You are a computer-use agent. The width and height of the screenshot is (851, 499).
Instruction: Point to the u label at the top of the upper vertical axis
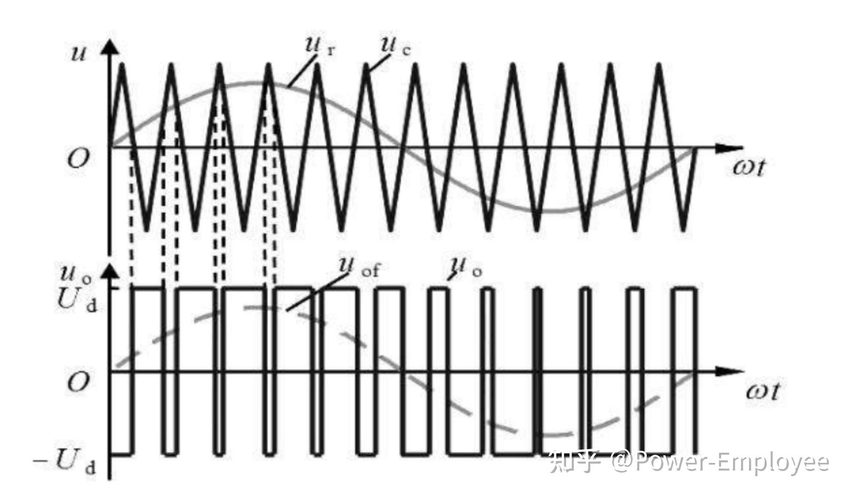tap(78, 52)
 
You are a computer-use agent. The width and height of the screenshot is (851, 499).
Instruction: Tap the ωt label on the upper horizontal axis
tap(748, 167)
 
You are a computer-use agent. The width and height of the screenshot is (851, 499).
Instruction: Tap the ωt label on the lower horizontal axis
tap(762, 392)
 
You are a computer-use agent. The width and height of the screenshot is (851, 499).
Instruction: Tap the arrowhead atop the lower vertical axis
tap(110, 271)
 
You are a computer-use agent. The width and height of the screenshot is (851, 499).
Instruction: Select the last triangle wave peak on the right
tap(659, 65)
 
